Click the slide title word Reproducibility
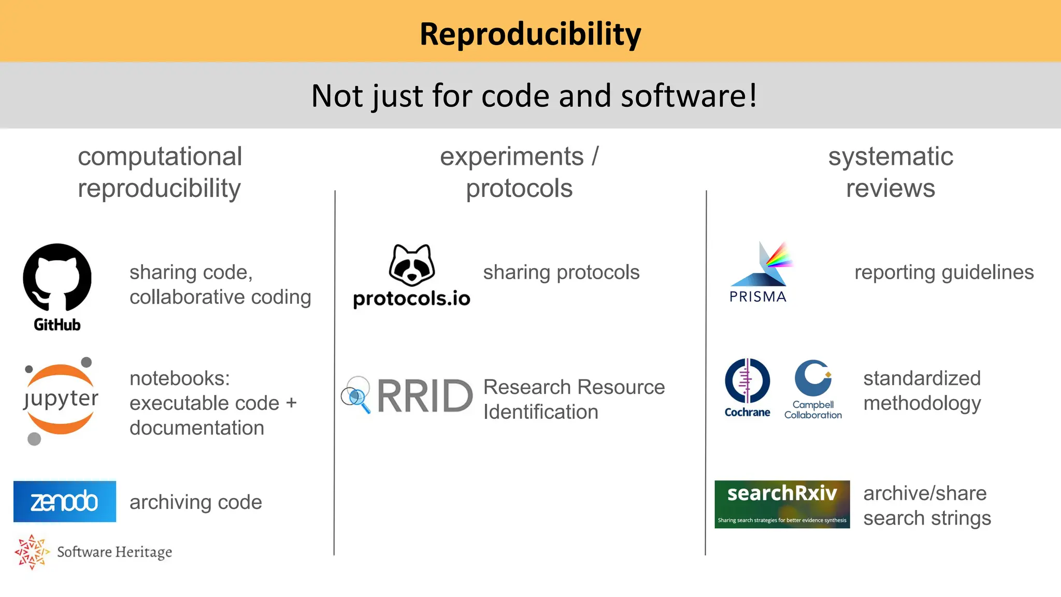530,34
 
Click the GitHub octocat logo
57,278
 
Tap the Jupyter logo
61,400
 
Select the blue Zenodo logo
65,501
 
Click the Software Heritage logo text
114,552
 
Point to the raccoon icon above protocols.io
412,265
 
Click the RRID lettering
425,396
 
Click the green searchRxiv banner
782,504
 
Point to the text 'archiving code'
195,502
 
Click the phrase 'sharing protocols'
561,273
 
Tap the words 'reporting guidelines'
943,273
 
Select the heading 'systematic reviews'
890,172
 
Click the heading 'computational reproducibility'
160,172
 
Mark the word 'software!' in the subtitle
689,96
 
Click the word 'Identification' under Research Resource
540,413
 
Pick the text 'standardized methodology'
922,391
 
